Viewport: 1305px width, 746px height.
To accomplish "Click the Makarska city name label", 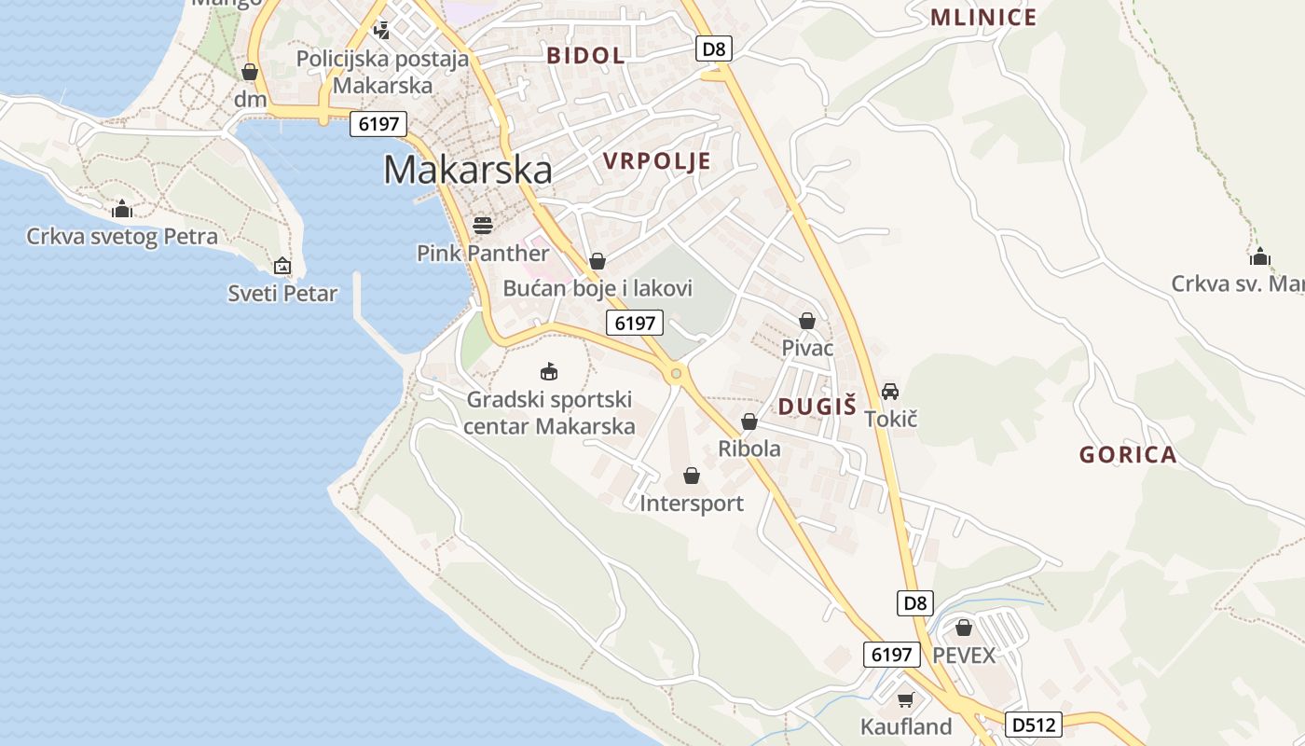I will coord(467,170).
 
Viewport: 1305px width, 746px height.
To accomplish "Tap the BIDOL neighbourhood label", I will coord(585,55).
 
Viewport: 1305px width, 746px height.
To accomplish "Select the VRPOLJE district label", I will coord(656,161).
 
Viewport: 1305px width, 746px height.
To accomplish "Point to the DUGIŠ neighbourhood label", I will coord(817,406).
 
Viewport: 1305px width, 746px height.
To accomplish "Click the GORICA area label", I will coord(1128,455).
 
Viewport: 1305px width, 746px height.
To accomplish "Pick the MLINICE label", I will coord(983,18).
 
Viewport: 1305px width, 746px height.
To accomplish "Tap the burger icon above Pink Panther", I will coord(483,225).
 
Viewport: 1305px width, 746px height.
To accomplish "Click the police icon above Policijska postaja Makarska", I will coord(381,30).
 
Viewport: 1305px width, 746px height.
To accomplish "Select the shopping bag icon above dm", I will coord(249,72).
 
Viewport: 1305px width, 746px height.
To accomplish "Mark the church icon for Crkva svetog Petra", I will coord(122,209).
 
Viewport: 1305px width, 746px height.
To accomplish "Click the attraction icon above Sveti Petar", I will coord(282,267).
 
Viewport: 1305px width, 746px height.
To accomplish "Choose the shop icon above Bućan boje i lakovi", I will coord(598,261).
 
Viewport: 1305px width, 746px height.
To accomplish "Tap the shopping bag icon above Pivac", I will coord(807,321).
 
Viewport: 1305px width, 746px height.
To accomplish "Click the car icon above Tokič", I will coord(890,392).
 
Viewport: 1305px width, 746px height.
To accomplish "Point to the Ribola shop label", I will coord(749,449).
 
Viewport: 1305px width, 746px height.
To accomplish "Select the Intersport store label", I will coord(692,504).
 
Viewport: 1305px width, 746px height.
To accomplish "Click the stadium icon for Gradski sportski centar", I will coord(549,372).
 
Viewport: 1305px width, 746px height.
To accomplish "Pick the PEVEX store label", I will coord(964,655).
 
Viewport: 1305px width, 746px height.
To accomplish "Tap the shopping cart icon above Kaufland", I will coord(905,699).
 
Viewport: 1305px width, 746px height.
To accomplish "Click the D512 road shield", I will coord(1034,725).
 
